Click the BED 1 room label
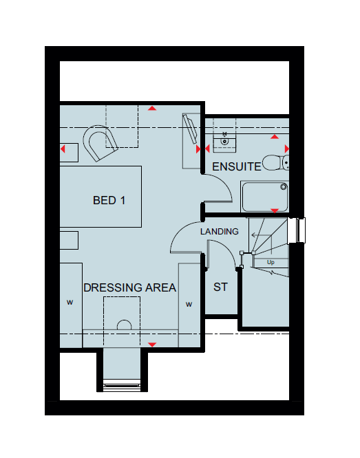pos(109,200)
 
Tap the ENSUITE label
pos(236,166)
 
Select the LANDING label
pos(220,232)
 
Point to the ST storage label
pos(220,287)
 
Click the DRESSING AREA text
pos(130,287)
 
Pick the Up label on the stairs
pos(271,262)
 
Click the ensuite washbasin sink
pos(224,142)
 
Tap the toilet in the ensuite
pos(276,163)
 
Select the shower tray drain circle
pos(284,186)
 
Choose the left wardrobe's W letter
pos(70,303)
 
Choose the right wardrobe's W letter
pos(189,305)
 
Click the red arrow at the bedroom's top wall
pos(152,109)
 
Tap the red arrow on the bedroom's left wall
pos(63,149)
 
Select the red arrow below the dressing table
pos(152,345)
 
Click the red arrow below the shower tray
pos(275,210)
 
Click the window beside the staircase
pos(297,230)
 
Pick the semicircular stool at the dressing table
pos(125,325)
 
